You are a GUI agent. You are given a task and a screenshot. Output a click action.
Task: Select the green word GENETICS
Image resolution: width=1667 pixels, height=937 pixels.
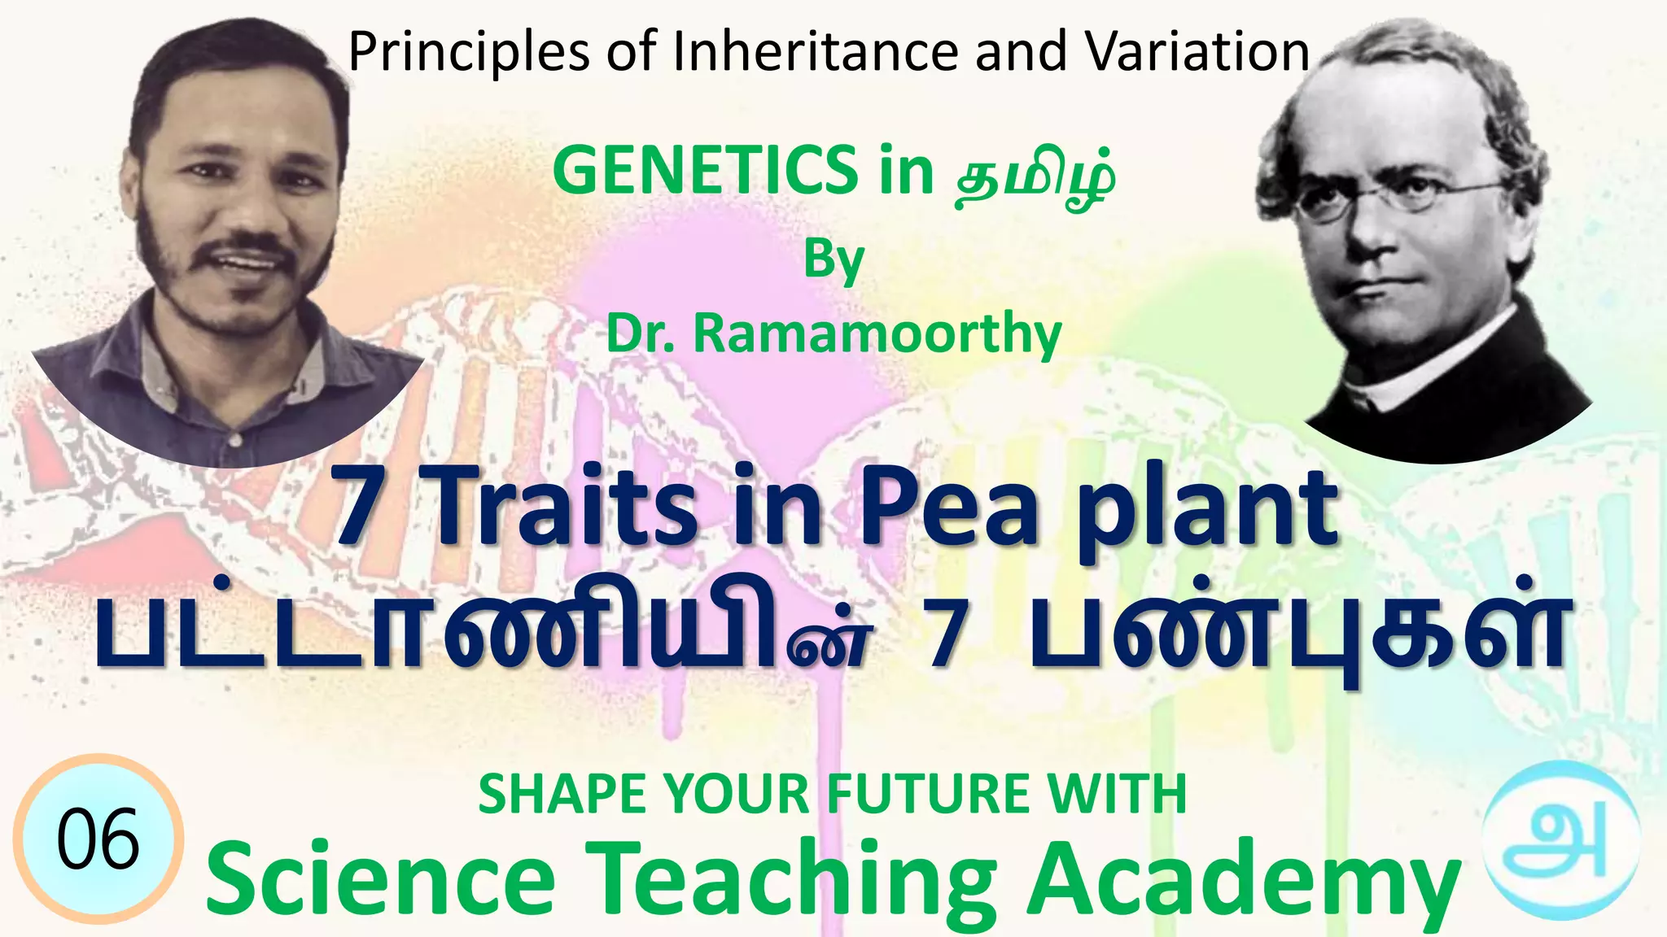(705, 170)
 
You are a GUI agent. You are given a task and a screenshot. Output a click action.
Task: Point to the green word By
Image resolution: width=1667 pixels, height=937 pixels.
(833, 260)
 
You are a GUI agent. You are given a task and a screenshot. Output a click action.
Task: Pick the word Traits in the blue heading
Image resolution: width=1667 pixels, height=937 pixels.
(562, 511)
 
